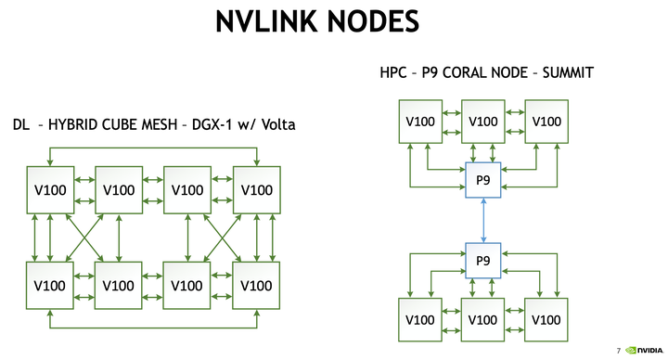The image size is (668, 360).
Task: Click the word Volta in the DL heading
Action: tap(276, 123)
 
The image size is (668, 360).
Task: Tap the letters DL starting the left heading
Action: tap(20, 123)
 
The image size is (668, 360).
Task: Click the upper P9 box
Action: tap(482, 179)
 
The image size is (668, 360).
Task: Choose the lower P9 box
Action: tap(482, 260)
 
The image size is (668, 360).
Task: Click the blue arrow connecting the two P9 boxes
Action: tap(482, 220)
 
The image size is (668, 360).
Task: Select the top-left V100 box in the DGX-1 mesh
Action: tap(49, 189)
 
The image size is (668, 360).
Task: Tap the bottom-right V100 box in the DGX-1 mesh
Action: tap(256, 285)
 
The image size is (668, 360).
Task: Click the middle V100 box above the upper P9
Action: tap(482, 122)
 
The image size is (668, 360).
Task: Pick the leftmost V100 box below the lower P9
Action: tap(418, 318)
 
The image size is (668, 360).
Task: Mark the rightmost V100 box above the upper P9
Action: tap(547, 122)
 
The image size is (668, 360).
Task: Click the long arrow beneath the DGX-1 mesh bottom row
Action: tap(153, 328)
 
